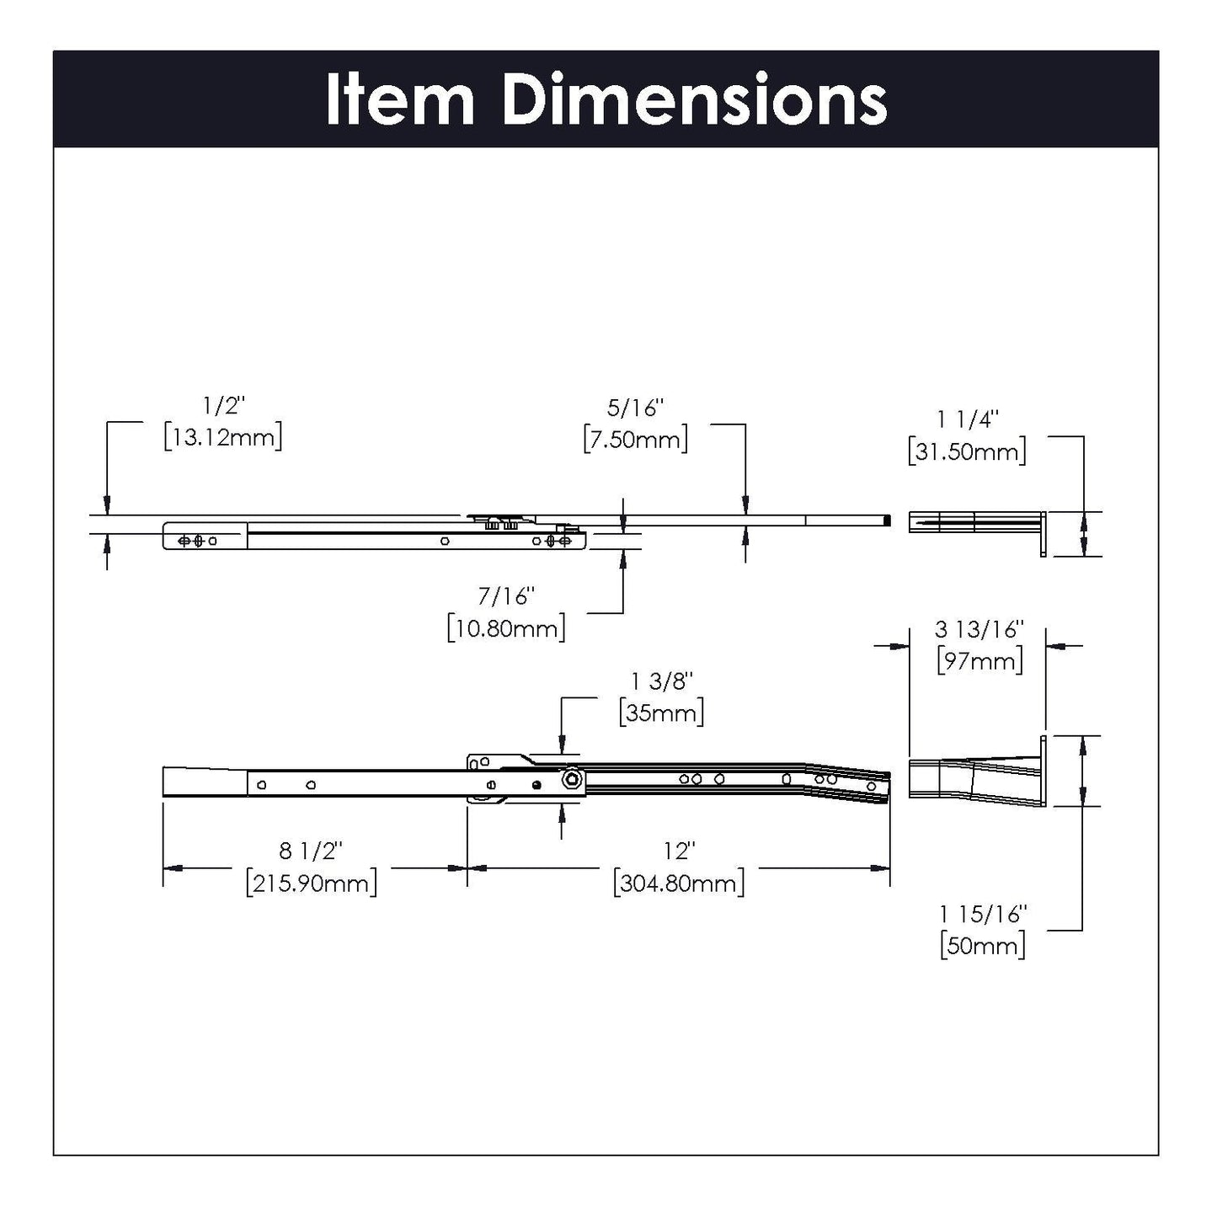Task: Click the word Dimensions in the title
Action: point(694,100)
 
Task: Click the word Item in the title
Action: point(399,100)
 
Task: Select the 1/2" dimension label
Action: point(223,405)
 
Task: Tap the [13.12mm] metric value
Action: point(223,437)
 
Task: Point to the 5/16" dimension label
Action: point(636,408)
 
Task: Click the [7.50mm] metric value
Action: point(636,440)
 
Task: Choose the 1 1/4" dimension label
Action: point(968,419)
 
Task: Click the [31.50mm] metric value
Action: point(968,451)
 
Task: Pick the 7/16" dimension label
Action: point(507,596)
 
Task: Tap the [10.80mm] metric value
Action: point(507,628)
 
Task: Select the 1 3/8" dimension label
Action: point(662,681)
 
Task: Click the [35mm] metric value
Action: point(662,713)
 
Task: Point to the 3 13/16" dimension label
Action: point(979,629)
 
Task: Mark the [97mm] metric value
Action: point(979,660)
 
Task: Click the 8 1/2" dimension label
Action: point(312,851)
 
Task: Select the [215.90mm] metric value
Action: point(312,883)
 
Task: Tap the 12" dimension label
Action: point(678,851)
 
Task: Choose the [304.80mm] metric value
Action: point(679,883)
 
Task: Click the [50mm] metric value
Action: point(983,945)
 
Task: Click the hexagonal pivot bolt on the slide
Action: point(574,781)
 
